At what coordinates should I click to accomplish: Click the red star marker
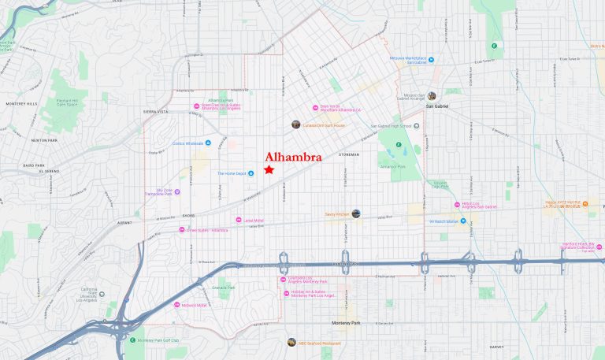[269, 169]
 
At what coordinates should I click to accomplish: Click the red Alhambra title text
[293, 157]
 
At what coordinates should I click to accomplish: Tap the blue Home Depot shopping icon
[251, 173]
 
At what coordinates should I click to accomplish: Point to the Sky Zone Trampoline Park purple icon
[177, 191]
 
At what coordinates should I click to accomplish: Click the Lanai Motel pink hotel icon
[238, 220]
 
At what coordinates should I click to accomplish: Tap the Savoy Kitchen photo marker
[356, 213]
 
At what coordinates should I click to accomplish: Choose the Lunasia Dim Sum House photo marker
[295, 124]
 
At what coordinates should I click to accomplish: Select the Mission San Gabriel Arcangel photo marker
[432, 96]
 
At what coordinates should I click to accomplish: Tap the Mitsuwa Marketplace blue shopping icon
[431, 60]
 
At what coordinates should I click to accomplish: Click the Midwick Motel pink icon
[176, 305]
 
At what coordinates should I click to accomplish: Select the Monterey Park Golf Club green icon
[132, 340]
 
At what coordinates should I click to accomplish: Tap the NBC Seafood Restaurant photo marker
[291, 342]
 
